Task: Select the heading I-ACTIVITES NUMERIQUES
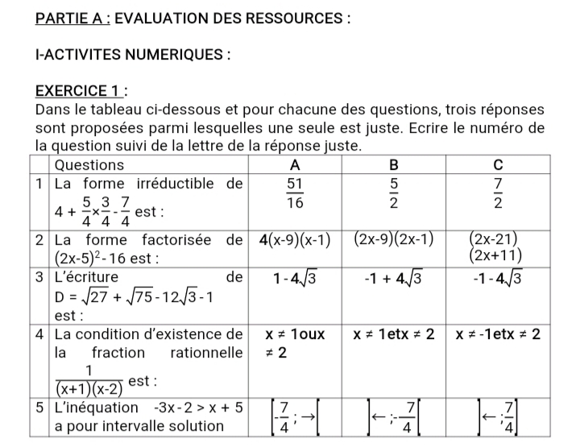[x=134, y=55]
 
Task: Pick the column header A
[x=294, y=165]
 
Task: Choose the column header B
[x=394, y=165]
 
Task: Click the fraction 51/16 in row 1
[x=294, y=193]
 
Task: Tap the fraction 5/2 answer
[x=394, y=193]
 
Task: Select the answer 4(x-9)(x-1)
[x=295, y=239]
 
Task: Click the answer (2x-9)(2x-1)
[x=395, y=239]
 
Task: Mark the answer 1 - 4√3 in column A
[x=294, y=279]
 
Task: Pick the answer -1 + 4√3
[x=394, y=279]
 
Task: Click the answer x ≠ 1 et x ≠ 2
[x=394, y=333]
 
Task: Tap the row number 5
[x=39, y=408]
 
